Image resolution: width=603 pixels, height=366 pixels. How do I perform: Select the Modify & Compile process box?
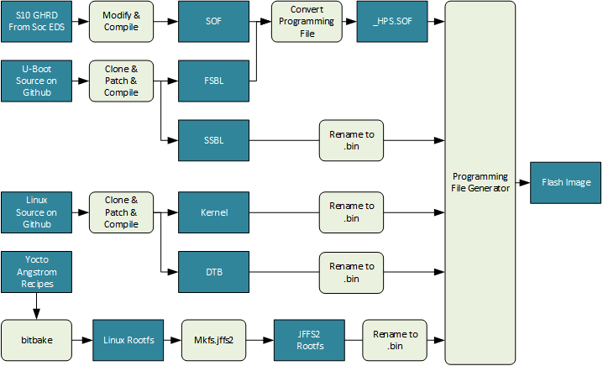pos(122,22)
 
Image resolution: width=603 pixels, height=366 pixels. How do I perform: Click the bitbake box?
pos(34,341)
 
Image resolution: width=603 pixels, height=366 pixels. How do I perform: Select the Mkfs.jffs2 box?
pos(213,341)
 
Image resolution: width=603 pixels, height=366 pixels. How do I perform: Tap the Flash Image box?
pos(565,182)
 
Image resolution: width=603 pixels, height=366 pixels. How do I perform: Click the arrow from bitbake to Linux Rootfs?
pos(80,341)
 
